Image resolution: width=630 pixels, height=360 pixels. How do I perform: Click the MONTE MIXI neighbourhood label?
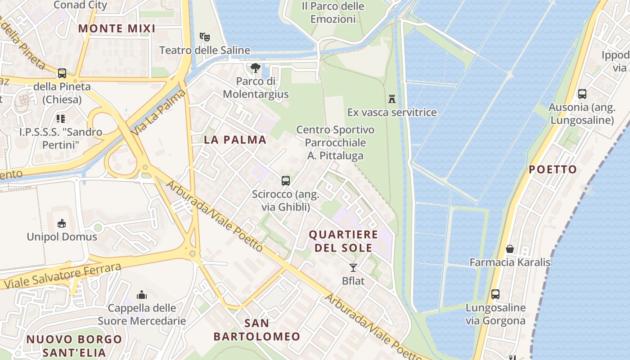pos(117,28)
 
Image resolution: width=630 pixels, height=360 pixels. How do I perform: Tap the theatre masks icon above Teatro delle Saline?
pos(205,36)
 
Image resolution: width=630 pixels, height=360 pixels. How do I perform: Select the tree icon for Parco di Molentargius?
pos(256,68)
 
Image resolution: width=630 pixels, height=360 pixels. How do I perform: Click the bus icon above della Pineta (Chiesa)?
pos(62,73)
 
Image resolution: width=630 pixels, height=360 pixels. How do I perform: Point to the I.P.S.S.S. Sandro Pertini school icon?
pos(61,119)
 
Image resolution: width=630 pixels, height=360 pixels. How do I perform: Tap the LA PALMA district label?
pos(235,139)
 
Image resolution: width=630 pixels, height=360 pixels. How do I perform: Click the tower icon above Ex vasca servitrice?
pos(392,99)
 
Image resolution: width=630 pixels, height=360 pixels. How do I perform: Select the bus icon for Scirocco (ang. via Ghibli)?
pos(286,181)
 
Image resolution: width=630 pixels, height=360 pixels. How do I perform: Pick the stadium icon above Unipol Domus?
pos(62,223)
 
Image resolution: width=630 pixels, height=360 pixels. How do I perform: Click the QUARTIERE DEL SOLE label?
pos(343,241)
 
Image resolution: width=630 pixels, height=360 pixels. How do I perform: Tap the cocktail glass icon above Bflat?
pos(353,268)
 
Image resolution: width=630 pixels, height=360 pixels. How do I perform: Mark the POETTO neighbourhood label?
pos(553,169)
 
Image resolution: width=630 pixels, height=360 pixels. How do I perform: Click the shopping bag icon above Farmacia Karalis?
pos(510,248)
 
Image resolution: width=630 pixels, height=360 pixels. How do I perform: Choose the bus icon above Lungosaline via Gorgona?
pos(495,294)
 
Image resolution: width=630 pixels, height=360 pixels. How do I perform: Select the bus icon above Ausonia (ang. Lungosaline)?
pos(582,94)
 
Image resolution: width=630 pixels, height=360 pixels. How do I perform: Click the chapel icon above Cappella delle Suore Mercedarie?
pos(142,295)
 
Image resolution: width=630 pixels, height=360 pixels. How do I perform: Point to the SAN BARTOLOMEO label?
pos(256,329)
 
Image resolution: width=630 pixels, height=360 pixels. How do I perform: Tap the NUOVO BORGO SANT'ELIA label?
pos(74,346)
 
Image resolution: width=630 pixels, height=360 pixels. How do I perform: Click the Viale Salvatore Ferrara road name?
pos(63,276)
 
